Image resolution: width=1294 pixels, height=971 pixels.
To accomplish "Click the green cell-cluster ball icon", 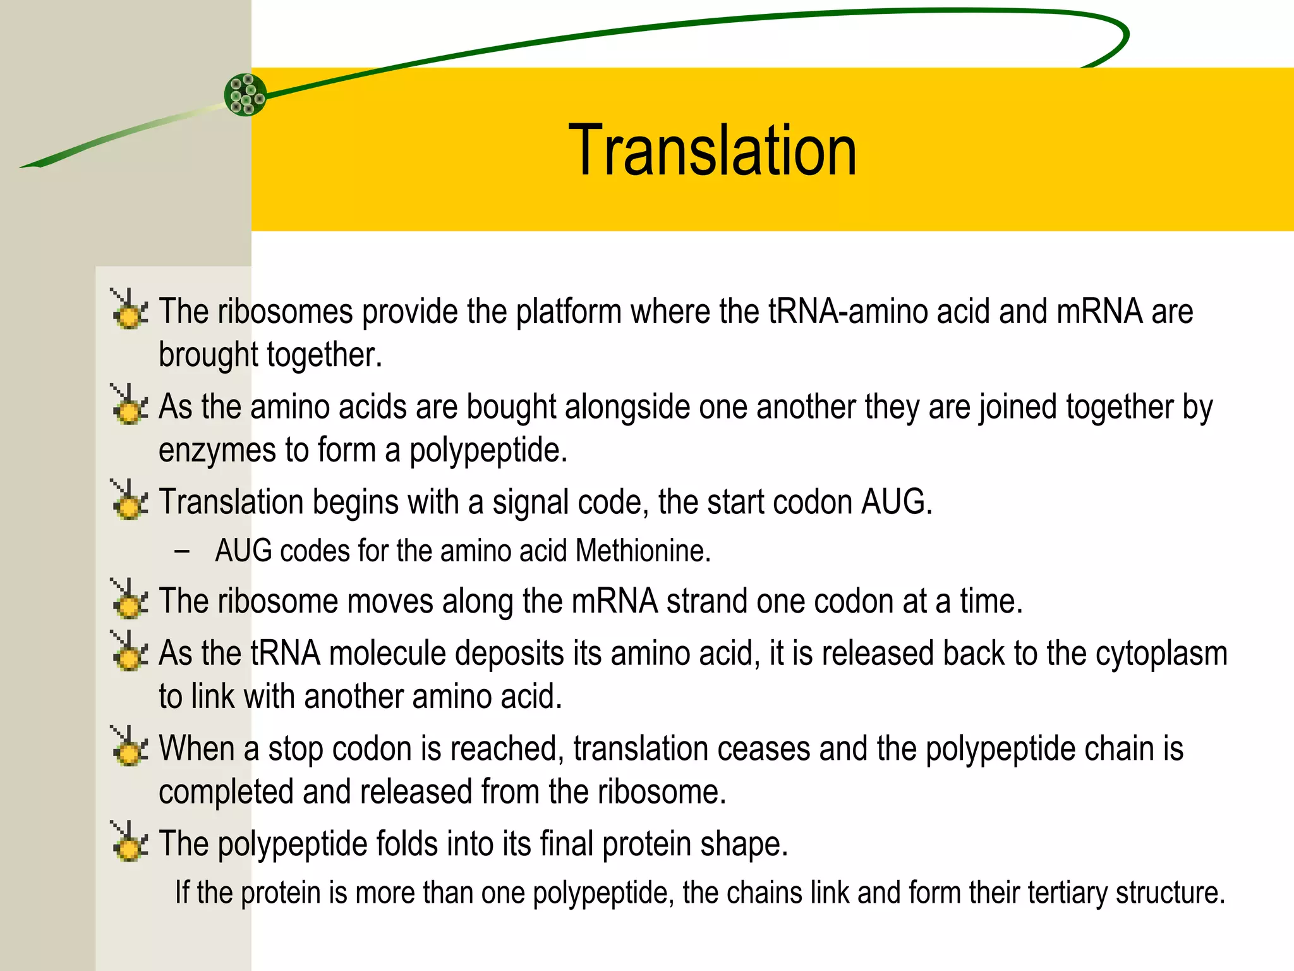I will (245, 95).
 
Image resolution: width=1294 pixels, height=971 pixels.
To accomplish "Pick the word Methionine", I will (643, 551).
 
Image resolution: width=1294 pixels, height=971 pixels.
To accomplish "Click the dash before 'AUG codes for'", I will (182, 551).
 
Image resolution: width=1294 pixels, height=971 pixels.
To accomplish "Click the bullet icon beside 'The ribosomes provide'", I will (130, 309).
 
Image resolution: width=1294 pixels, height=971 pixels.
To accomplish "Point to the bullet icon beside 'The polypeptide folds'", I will (130, 841).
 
